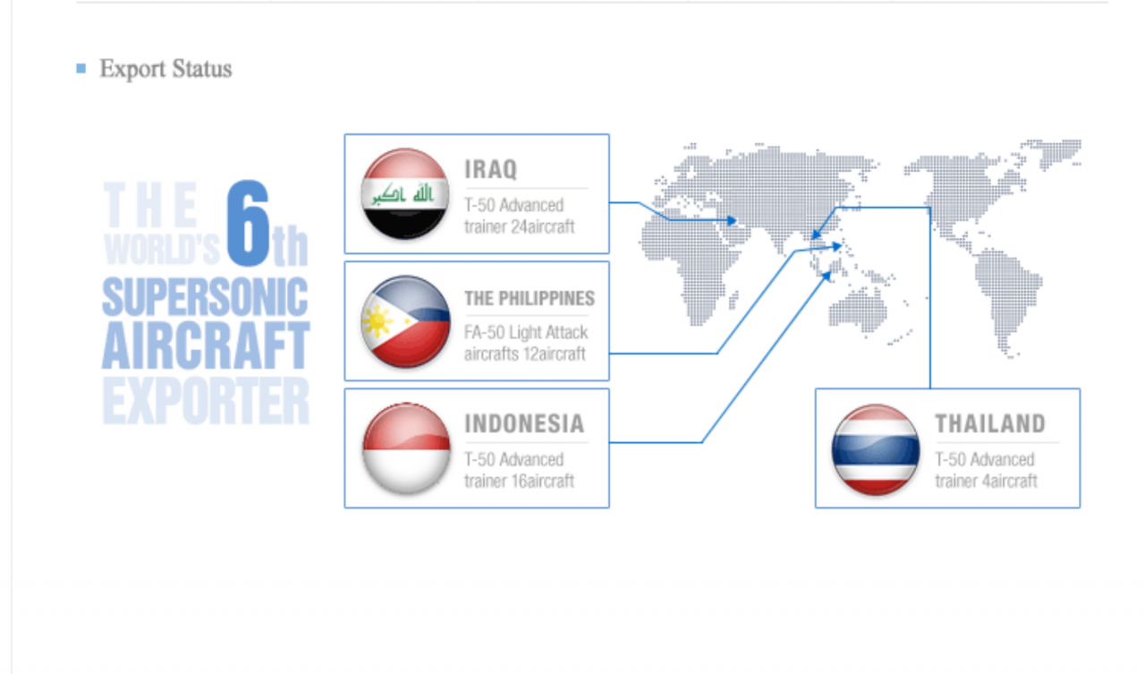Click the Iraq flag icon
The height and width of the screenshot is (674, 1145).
point(405,194)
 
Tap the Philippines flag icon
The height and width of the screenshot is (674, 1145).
point(405,321)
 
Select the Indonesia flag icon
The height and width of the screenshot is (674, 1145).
point(406,448)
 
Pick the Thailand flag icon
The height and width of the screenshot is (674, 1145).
point(876,450)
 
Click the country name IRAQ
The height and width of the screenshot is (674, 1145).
point(491,169)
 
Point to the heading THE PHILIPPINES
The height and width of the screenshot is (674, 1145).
point(530,298)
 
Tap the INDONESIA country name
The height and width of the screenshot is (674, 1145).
point(524,423)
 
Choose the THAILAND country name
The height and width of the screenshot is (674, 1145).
point(990,423)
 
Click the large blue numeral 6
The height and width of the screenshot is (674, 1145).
point(248,223)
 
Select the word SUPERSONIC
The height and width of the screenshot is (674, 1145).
point(205,296)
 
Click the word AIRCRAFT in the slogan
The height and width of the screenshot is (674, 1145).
point(206,346)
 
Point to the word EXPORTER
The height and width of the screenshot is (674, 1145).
point(206,400)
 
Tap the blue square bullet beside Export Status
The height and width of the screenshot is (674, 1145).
point(81,68)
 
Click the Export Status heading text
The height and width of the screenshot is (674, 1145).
point(165,69)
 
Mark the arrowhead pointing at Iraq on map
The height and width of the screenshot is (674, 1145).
point(732,220)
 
